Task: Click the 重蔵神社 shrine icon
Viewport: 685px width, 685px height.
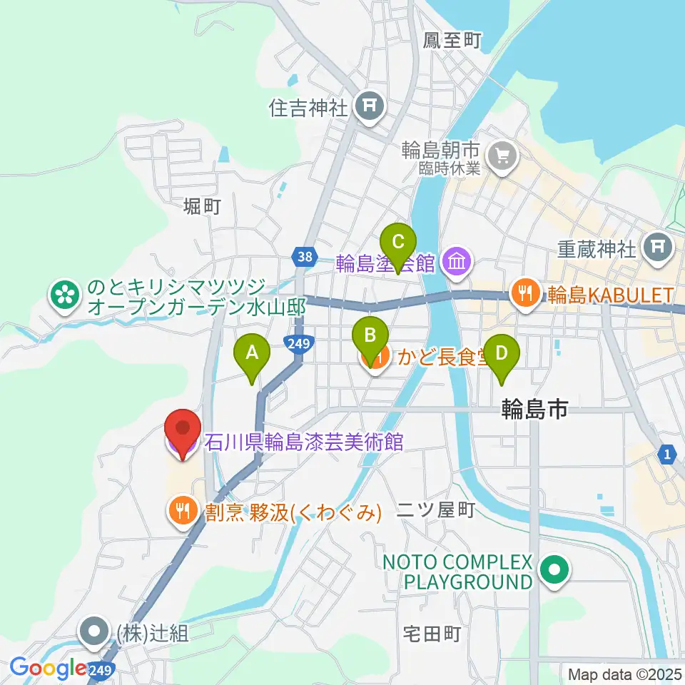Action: point(657,248)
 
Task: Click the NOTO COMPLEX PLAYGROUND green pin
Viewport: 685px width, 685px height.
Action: point(553,571)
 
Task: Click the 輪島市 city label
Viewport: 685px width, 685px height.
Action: point(534,408)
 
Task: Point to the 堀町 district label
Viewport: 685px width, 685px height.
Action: point(202,207)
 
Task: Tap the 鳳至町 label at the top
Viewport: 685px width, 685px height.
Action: point(452,41)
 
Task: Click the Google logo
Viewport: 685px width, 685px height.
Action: point(49,668)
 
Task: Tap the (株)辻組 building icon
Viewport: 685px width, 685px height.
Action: point(94,631)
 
